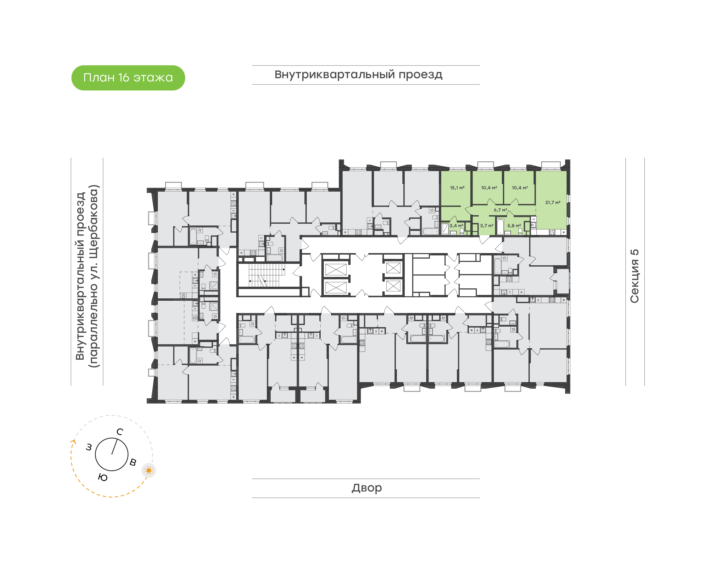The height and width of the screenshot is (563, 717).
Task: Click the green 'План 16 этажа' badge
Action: [x=128, y=78]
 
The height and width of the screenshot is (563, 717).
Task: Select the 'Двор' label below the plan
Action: [x=366, y=488]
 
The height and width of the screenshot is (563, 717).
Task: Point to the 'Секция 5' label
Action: [x=634, y=276]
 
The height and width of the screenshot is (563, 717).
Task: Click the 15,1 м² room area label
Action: [x=457, y=188]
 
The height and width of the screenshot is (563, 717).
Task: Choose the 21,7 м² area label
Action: [x=553, y=202]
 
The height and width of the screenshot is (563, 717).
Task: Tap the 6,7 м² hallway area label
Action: [x=500, y=210]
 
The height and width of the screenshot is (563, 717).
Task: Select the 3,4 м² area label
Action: [x=457, y=226]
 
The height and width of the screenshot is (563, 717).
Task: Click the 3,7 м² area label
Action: [x=487, y=226]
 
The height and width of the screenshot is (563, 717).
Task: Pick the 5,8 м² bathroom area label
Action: [x=514, y=226]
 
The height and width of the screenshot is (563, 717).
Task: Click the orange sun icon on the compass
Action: [x=149, y=470]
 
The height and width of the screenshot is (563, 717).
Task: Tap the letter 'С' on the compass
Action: [x=120, y=432]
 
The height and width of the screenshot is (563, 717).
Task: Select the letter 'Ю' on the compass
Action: [x=103, y=478]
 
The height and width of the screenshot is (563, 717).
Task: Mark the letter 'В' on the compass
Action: [x=133, y=462]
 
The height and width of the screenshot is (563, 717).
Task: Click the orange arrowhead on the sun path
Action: [x=74, y=442]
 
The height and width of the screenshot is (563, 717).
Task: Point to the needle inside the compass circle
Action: [x=114, y=446]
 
